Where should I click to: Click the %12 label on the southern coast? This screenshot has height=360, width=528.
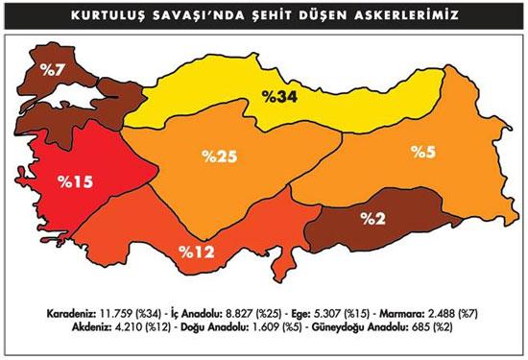click(x=198, y=252)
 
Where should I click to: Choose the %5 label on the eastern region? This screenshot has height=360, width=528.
click(x=423, y=152)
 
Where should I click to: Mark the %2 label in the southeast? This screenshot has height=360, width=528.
click(x=373, y=218)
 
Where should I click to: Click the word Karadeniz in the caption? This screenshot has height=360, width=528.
click(x=69, y=314)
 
